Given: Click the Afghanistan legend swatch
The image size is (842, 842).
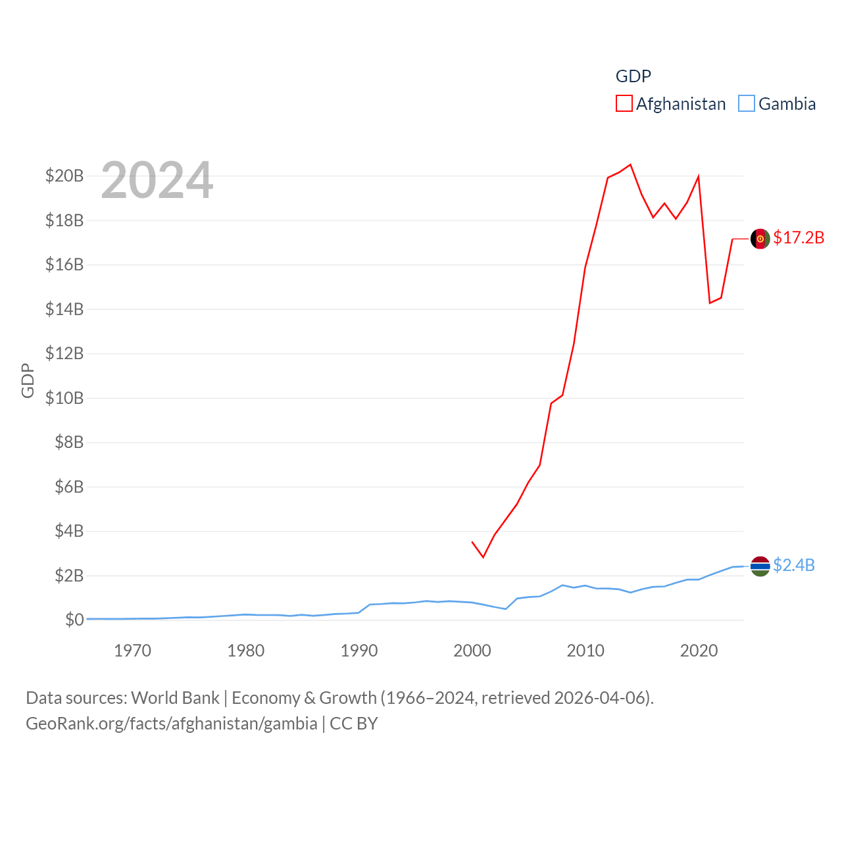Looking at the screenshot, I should (x=624, y=104).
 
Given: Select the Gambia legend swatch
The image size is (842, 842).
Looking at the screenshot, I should (x=747, y=104).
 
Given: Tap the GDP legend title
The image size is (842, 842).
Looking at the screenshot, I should (x=633, y=76).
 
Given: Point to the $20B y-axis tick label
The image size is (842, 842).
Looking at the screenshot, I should (x=64, y=176).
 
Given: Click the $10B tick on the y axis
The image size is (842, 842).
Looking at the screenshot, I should (x=64, y=398).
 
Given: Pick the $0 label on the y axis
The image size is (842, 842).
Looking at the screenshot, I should (x=74, y=620).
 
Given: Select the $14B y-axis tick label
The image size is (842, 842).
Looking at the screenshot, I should (x=64, y=309).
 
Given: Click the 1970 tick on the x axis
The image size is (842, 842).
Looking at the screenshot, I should (x=132, y=651).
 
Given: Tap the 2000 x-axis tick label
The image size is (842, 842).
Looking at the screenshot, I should (x=472, y=651).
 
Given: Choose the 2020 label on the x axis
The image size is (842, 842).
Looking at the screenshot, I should (x=699, y=651).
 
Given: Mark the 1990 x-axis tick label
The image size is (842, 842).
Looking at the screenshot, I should (x=359, y=651).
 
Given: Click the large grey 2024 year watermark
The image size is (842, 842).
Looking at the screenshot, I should (x=157, y=180).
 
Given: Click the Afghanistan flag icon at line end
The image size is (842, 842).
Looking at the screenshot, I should (x=760, y=239).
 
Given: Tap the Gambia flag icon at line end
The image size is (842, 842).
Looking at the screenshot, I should (x=760, y=566).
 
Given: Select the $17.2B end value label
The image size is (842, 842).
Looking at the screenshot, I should (x=799, y=237).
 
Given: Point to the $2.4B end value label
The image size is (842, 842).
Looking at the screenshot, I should (x=794, y=565).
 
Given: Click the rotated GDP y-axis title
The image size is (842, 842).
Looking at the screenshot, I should (x=28, y=380).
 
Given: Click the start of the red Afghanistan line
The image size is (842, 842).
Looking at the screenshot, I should (x=472, y=542).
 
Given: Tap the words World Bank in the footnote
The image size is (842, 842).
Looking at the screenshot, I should (x=175, y=698).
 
